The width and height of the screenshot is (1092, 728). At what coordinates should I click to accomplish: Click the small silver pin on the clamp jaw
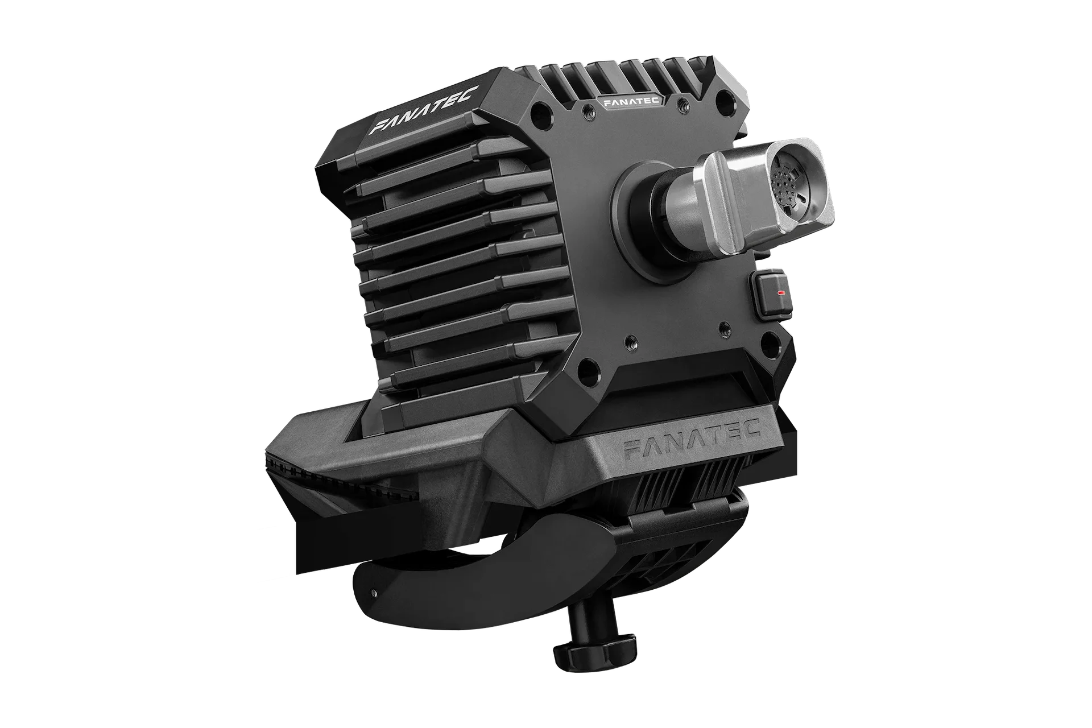point(373,592)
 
